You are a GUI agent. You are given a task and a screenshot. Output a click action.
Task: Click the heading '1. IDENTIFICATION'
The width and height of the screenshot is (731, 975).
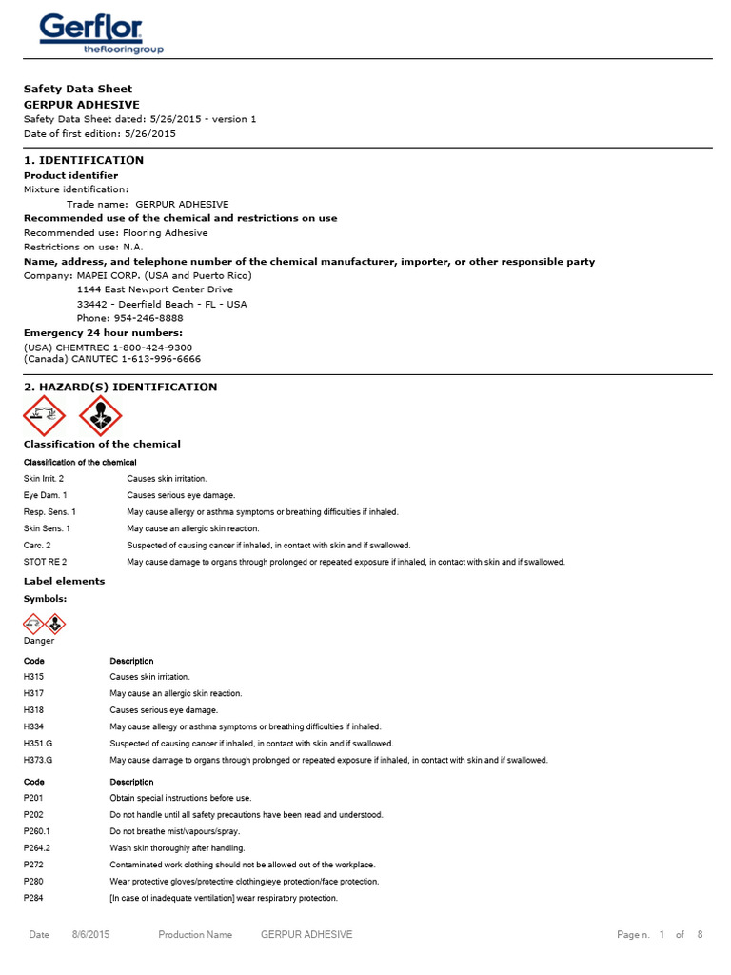pyautogui.click(x=84, y=160)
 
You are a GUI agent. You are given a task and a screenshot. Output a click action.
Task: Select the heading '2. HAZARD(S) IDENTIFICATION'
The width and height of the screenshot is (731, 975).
pyautogui.click(x=120, y=388)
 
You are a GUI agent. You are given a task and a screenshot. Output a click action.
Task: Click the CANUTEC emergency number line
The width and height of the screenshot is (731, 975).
pyautogui.click(x=112, y=360)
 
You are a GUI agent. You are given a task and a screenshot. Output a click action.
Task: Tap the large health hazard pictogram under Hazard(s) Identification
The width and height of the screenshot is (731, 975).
pyautogui.click(x=99, y=415)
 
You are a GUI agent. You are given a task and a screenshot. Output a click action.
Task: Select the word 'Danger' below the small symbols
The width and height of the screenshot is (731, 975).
pyautogui.click(x=39, y=641)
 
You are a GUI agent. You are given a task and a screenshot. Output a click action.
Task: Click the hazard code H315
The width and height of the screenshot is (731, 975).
pyautogui.click(x=33, y=676)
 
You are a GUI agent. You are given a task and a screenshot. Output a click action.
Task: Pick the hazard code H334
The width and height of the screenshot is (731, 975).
pyautogui.click(x=33, y=726)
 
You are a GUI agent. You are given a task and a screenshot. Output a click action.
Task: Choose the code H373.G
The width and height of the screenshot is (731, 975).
pyautogui.click(x=38, y=760)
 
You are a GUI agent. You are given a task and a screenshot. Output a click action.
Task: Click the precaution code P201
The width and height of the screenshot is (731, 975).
pyautogui.click(x=33, y=798)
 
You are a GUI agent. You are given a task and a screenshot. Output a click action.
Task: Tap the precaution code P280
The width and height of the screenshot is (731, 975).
pyautogui.click(x=33, y=882)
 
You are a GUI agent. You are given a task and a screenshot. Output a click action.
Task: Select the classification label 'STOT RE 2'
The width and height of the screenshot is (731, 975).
pyautogui.click(x=45, y=562)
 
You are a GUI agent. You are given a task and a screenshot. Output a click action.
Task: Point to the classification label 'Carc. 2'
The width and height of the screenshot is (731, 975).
pyautogui.click(x=39, y=546)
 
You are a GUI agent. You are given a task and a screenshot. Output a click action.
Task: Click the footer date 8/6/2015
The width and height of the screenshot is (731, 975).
pyautogui.click(x=91, y=935)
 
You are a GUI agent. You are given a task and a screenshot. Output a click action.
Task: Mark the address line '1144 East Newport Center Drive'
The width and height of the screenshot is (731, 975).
pyautogui.click(x=154, y=289)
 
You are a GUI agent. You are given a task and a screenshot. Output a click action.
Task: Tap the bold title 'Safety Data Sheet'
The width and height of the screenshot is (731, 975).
pyautogui.click(x=78, y=89)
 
